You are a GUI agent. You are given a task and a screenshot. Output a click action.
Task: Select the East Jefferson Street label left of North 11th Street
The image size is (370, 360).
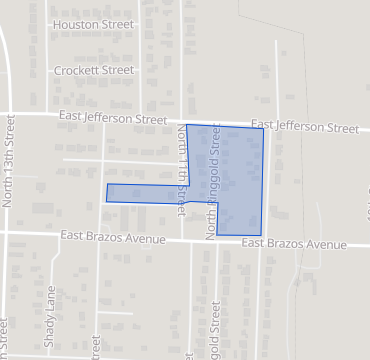click(x=112, y=118)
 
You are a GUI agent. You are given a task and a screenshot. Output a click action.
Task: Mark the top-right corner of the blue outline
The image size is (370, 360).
click(x=263, y=128)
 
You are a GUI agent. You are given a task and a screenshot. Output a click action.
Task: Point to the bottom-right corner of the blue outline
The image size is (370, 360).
click(x=261, y=236)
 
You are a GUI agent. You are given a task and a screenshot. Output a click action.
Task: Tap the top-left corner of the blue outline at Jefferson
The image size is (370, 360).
click(x=187, y=125)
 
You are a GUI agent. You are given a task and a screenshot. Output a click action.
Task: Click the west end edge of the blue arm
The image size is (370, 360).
click(x=107, y=193)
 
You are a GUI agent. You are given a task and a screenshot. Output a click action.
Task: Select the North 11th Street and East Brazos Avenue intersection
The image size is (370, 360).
click(x=179, y=239)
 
